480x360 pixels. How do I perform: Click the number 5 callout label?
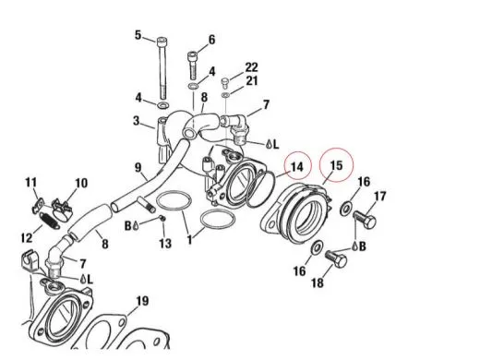[x=138, y=36]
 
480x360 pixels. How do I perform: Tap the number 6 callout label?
[x=210, y=40]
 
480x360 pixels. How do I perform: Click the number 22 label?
[x=252, y=67]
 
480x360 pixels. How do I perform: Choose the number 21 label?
[x=252, y=82]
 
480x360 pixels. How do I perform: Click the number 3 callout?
[x=136, y=121]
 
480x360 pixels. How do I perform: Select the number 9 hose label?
[x=138, y=168]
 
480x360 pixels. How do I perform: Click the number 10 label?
[x=80, y=183]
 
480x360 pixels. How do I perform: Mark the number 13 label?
[x=165, y=244]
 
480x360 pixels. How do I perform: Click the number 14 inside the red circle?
[x=295, y=167]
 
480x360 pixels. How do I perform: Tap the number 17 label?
[x=379, y=196]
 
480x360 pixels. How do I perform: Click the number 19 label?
[x=141, y=302]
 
